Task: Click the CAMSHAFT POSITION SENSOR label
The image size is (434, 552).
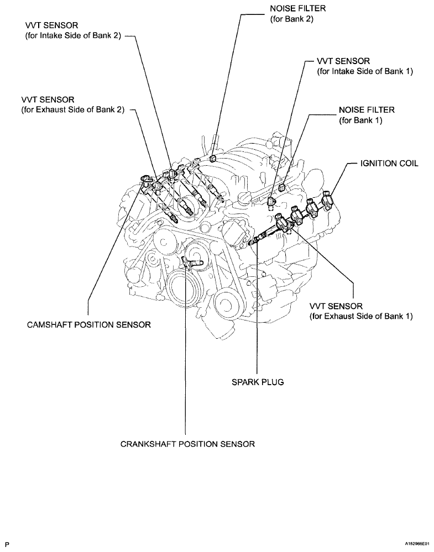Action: click(89, 325)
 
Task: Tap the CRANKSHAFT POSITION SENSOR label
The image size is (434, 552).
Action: click(188, 444)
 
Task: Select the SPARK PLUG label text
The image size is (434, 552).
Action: click(258, 382)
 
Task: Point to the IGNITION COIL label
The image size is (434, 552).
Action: click(389, 164)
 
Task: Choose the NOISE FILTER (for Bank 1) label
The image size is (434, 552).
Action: click(366, 115)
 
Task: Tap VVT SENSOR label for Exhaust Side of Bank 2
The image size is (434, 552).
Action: click(71, 105)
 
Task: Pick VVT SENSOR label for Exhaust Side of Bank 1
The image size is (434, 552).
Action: click(361, 311)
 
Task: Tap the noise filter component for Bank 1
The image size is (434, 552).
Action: click(283, 188)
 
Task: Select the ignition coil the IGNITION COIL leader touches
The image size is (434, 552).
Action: click(331, 198)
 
